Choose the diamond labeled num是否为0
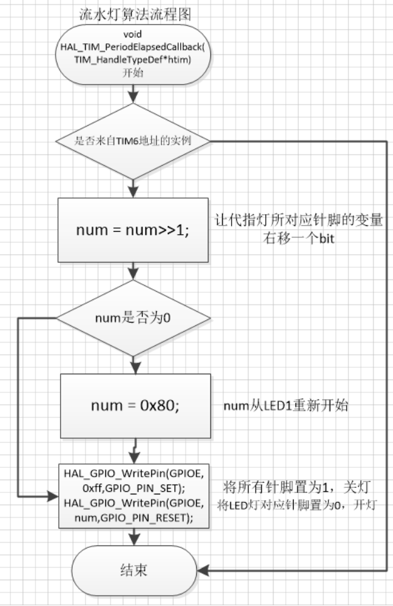[x=133, y=317]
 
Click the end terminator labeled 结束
[x=133, y=570]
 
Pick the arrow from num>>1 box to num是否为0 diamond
[x=133, y=270]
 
